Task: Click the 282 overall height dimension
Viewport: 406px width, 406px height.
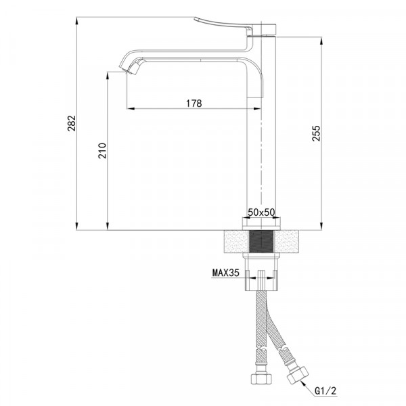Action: point(72,123)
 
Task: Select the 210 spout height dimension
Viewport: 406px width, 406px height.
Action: point(102,151)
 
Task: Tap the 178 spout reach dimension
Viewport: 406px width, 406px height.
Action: point(194,104)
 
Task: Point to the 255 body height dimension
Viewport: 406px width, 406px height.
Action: point(316,133)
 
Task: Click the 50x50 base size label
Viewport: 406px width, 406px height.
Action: point(261,212)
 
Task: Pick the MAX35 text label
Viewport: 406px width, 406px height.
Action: point(225,273)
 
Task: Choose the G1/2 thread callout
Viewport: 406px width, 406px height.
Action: point(325,390)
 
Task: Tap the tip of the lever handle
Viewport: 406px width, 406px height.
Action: point(196,19)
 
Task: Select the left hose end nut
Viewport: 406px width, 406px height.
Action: point(261,379)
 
